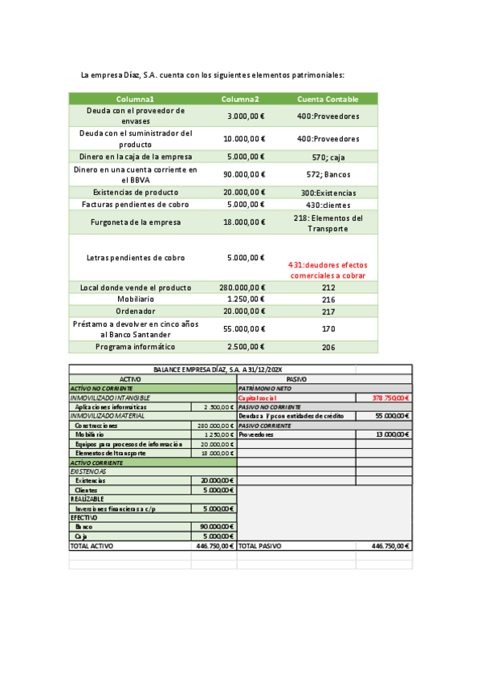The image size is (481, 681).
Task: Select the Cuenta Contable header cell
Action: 328,99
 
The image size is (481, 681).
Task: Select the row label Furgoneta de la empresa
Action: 135,222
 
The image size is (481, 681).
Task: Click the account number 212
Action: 328,287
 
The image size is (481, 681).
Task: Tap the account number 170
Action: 328,328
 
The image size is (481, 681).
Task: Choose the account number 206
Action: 328,347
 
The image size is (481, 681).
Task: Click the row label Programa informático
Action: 135,347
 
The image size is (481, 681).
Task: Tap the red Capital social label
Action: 258,398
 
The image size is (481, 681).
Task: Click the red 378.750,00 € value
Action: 391,398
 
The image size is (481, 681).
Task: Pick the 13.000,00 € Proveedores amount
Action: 392,434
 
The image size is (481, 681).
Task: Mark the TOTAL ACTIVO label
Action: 92,545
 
